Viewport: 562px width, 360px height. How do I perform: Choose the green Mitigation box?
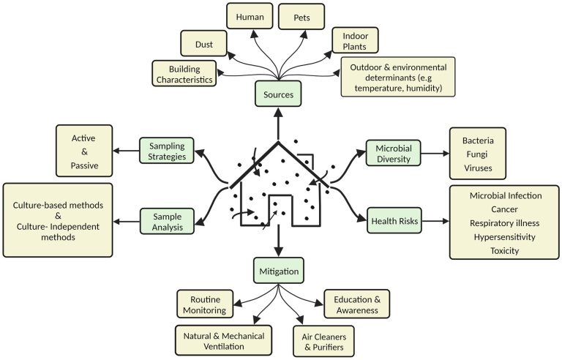click(x=280, y=271)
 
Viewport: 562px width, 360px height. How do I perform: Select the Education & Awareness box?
click(x=357, y=304)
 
